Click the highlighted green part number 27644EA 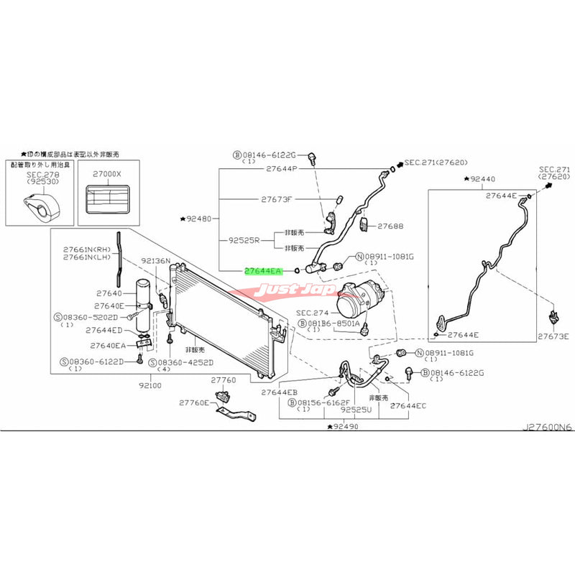tap(263, 272)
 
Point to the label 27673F tap(277, 199)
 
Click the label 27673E tap(554, 336)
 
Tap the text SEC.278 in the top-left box tap(42, 175)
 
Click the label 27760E tap(194, 402)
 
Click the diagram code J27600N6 tap(548, 427)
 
